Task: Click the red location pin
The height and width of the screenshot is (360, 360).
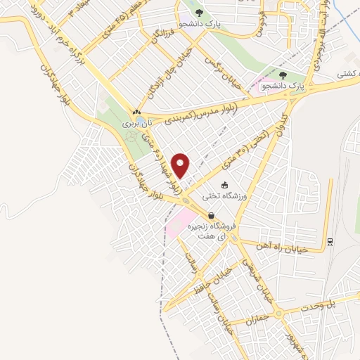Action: pos(181,165)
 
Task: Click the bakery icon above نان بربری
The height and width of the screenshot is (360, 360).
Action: pos(136,112)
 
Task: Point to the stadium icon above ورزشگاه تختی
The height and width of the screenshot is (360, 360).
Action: pos(224,185)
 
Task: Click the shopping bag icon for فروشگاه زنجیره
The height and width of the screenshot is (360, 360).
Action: pos(210,217)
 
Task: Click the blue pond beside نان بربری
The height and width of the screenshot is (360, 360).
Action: pos(144,122)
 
